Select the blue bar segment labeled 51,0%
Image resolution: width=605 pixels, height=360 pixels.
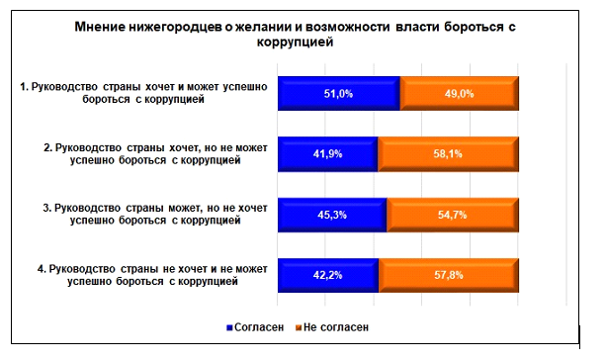tap(338, 94)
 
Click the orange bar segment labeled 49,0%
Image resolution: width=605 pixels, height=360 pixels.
tap(459, 94)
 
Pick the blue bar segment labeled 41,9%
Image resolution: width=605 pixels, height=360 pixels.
tap(327, 154)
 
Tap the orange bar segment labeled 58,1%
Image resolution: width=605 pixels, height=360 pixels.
tap(448, 154)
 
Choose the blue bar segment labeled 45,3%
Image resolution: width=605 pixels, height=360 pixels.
tap(331, 215)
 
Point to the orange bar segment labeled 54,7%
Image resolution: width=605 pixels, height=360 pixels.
tap(452, 215)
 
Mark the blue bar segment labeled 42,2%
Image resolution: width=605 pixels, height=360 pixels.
tap(327, 275)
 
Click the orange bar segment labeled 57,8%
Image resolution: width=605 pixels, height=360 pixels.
tap(448, 275)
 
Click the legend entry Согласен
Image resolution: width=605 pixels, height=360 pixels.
tap(261, 325)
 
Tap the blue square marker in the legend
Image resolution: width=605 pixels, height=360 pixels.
tap(232, 325)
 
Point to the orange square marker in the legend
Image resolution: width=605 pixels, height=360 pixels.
tap(300, 325)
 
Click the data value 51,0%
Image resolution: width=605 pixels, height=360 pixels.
tap(338, 94)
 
